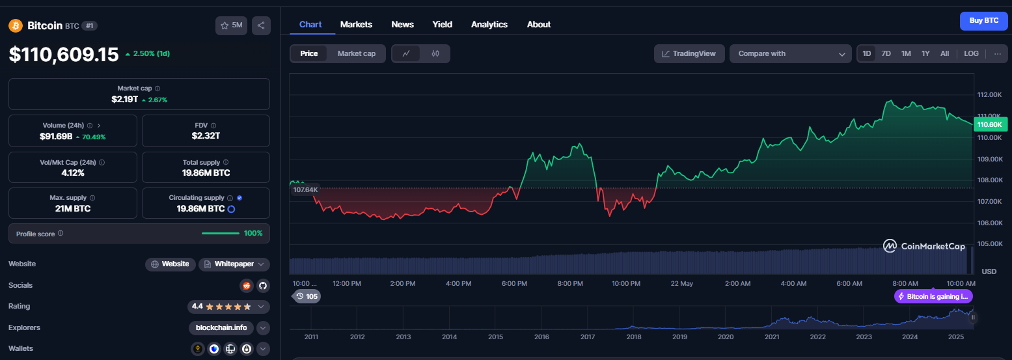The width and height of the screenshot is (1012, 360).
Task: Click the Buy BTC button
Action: point(983,21)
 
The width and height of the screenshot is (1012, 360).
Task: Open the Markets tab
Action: point(356,24)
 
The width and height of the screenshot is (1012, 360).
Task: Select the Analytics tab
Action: point(489,24)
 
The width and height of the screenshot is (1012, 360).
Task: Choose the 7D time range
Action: point(886,54)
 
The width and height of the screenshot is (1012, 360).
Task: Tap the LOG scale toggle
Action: point(972,54)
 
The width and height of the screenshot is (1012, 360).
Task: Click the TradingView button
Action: point(689,54)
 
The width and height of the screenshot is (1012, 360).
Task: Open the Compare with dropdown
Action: point(791,54)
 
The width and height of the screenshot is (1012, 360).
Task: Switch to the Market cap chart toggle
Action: point(357,54)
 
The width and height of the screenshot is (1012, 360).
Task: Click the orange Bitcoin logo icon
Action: point(16,26)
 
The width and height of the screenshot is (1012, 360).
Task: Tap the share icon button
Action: point(261,25)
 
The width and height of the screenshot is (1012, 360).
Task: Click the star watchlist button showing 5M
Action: point(231,25)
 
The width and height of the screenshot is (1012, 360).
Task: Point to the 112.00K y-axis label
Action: point(989,95)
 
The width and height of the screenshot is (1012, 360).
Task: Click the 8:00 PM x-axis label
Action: point(570,284)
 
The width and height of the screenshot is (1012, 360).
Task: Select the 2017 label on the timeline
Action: point(587,337)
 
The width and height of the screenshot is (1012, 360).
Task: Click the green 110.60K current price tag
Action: point(991,125)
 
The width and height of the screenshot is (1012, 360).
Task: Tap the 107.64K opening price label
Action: point(305,189)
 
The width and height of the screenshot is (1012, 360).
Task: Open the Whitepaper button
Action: point(234,264)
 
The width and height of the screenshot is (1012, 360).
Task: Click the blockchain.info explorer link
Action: point(221,328)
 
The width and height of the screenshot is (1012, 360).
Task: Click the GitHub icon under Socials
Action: point(263,286)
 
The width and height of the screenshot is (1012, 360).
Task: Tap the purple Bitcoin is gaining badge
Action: point(933,297)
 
